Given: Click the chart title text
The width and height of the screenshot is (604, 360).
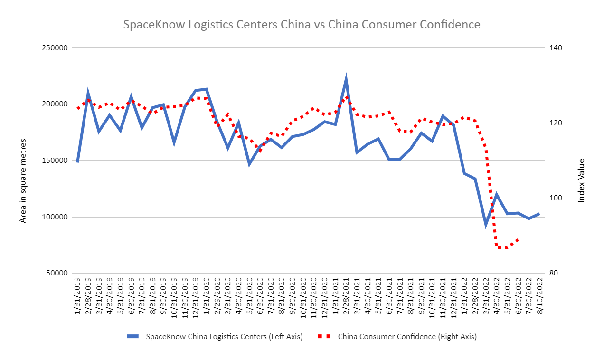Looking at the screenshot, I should point(302,25).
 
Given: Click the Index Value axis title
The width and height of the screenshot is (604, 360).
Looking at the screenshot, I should point(581,181).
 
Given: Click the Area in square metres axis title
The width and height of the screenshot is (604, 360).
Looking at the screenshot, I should point(22,181).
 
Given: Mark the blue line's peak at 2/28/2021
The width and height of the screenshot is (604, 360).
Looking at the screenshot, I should point(346,79).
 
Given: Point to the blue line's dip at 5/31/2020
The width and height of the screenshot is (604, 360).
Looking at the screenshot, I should point(249,164).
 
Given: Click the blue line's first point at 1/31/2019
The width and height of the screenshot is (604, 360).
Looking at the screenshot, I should point(77,162).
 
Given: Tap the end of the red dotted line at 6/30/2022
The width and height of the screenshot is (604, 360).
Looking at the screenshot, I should point(518,239).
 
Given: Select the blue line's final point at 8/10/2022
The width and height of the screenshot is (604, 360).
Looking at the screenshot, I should point(539,214).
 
